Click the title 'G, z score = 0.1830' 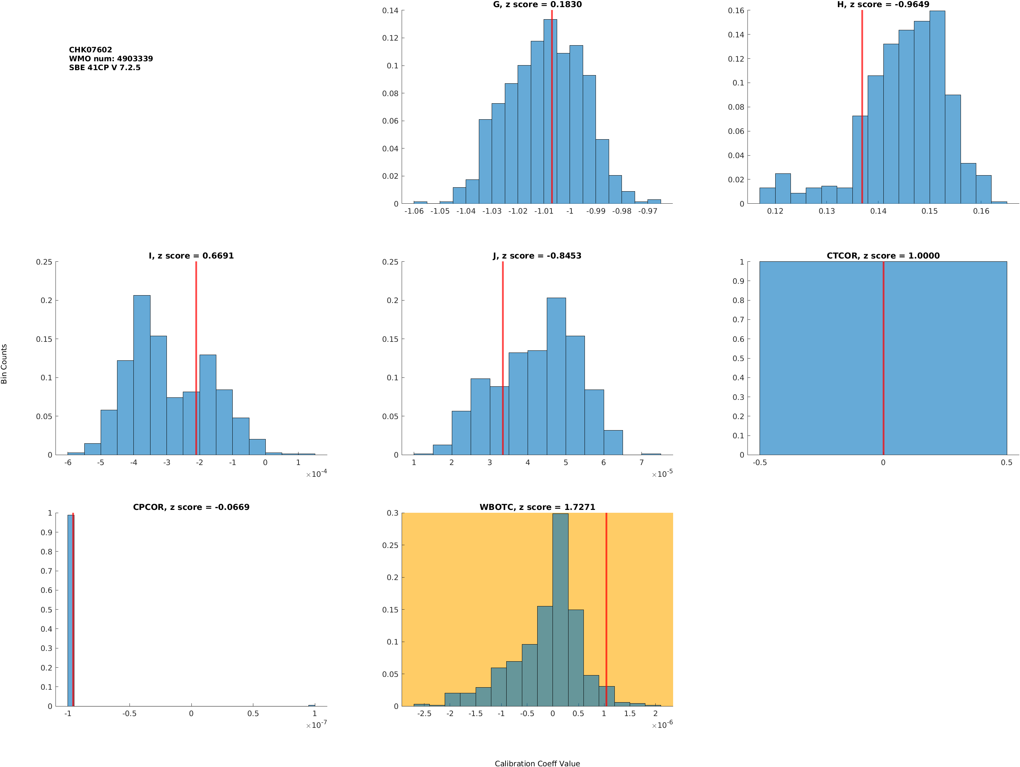[x=537, y=5]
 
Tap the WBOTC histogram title [x=537, y=507]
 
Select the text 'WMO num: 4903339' [x=111, y=59]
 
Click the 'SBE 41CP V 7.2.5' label [x=105, y=67]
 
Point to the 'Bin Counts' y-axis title [x=4, y=364]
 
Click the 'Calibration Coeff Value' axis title [x=537, y=763]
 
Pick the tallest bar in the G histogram [x=550, y=111]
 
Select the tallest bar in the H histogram [x=937, y=106]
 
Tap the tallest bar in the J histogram [x=556, y=376]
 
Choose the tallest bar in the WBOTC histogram [x=560, y=609]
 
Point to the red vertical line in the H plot [x=862, y=106]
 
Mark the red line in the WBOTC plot [x=606, y=609]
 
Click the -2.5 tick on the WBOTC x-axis [x=424, y=714]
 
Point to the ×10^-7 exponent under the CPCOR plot [x=316, y=725]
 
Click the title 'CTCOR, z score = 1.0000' [x=883, y=256]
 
